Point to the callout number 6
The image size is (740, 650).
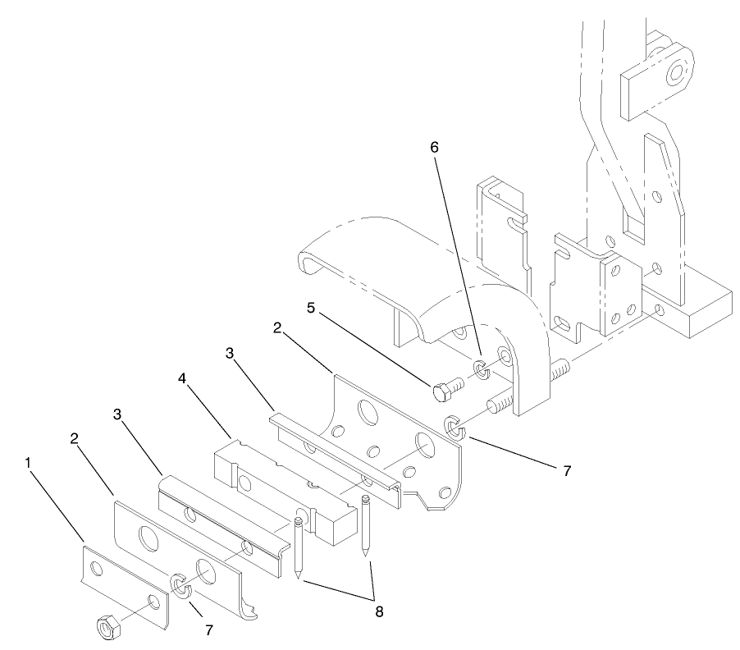(x=434, y=147)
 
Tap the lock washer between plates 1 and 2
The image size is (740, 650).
(x=180, y=587)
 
